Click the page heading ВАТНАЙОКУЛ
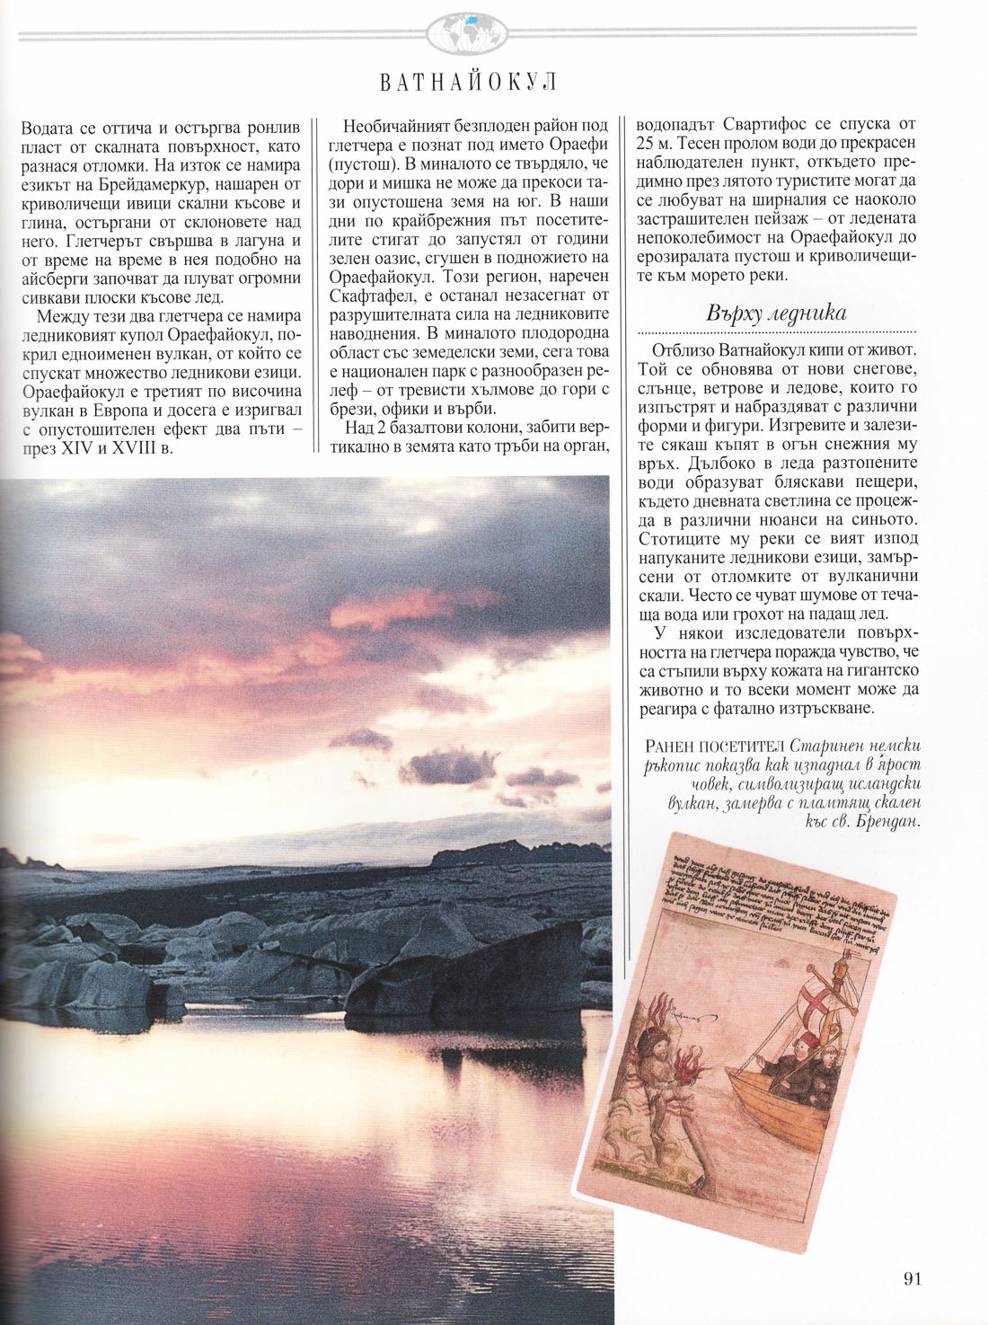click(468, 83)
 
